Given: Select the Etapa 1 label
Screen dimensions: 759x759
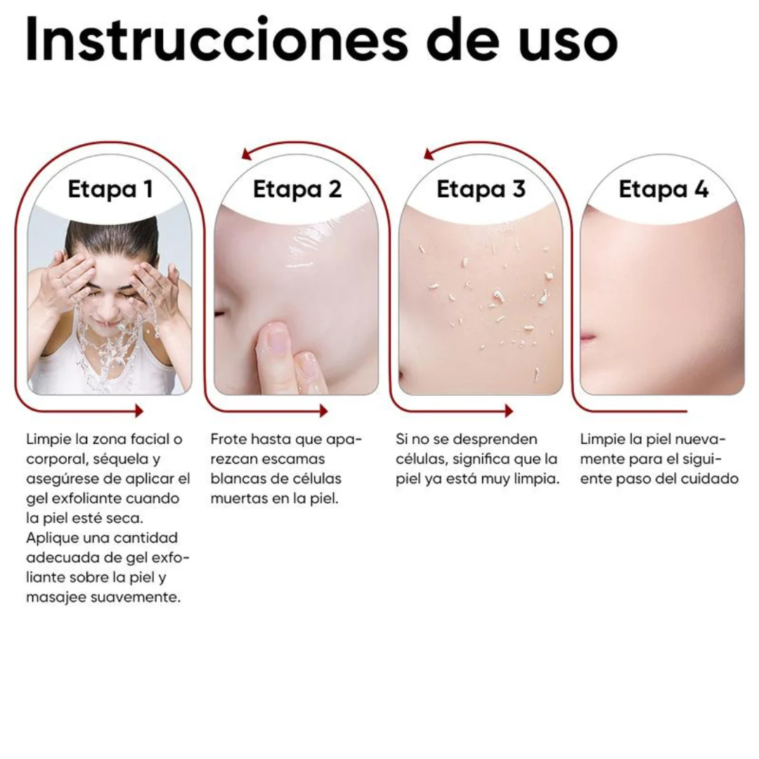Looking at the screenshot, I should [110, 189].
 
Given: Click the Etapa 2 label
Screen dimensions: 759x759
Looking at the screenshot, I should [297, 189].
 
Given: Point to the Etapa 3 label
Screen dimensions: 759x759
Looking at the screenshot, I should [481, 189].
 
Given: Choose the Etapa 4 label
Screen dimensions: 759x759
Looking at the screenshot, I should [663, 189].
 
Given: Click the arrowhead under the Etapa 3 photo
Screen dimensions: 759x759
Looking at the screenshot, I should [508, 411].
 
